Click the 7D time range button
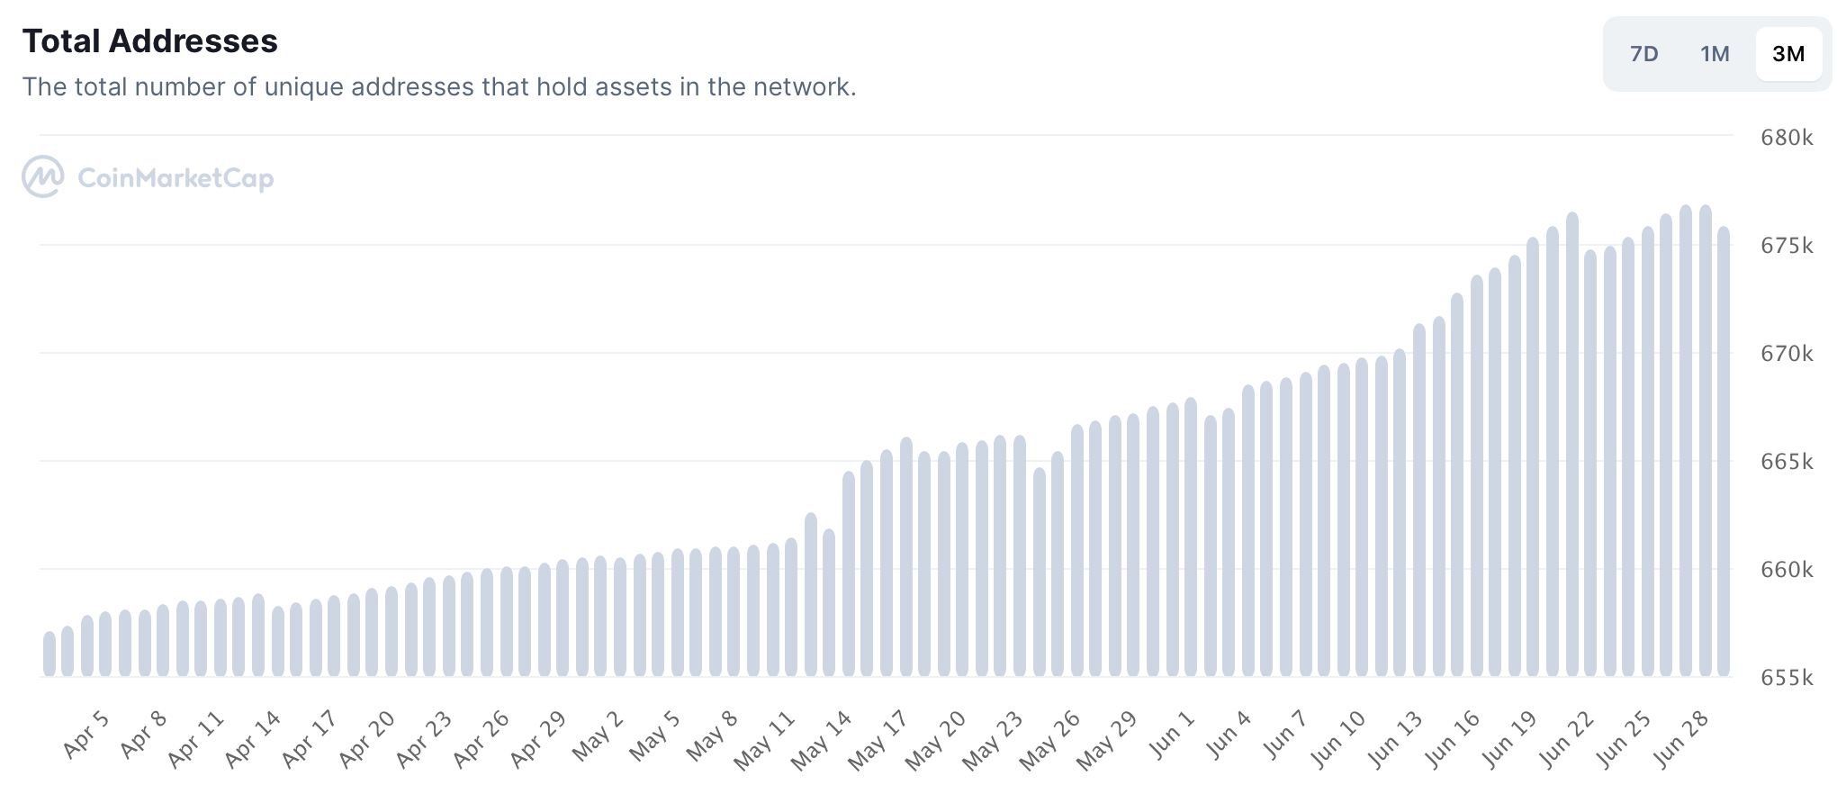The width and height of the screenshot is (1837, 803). tap(1643, 54)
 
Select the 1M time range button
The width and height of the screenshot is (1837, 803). tap(1715, 54)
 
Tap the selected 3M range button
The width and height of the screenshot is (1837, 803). tap(1787, 54)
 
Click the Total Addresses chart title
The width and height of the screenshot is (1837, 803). tap(149, 41)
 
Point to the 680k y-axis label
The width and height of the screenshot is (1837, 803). tap(1786, 138)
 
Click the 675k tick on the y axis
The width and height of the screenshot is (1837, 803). tap(1786, 246)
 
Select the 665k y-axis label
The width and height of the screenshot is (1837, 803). tap(1786, 462)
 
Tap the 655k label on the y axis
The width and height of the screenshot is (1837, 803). tap(1786, 678)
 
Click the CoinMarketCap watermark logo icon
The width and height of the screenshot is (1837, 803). tap(42, 176)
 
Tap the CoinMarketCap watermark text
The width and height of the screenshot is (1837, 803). tap(176, 178)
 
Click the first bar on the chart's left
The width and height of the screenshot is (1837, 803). tap(50, 654)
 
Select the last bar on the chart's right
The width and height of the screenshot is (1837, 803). tap(1724, 450)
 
